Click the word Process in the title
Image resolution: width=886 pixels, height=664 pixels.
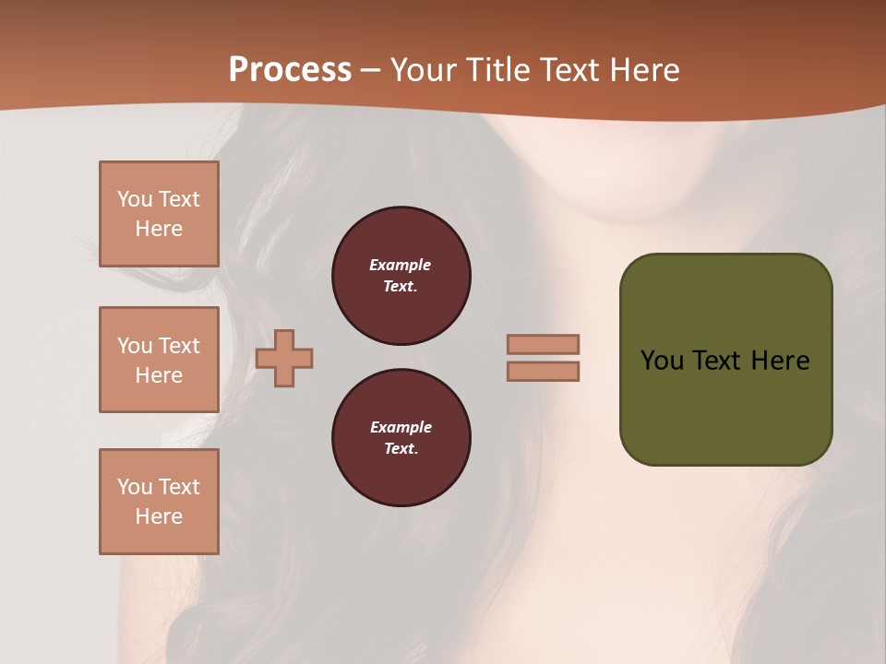(290, 70)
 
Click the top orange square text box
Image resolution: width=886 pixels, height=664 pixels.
(159, 214)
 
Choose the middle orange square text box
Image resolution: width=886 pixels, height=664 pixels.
(159, 360)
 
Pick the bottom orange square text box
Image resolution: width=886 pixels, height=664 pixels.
(159, 502)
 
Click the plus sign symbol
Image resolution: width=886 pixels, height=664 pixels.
(284, 357)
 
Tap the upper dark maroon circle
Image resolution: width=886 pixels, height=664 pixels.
(401, 276)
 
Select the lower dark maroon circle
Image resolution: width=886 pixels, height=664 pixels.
(401, 438)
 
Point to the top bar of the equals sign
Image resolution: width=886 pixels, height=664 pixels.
(544, 344)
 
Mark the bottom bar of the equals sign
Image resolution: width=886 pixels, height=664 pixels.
(544, 371)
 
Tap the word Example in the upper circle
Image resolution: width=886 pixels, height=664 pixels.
(401, 265)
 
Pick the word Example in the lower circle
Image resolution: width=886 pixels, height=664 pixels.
(401, 427)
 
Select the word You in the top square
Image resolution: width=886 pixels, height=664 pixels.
(135, 199)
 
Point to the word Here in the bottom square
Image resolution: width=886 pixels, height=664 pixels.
(159, 516)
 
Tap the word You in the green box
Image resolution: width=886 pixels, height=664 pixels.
(662, 361)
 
